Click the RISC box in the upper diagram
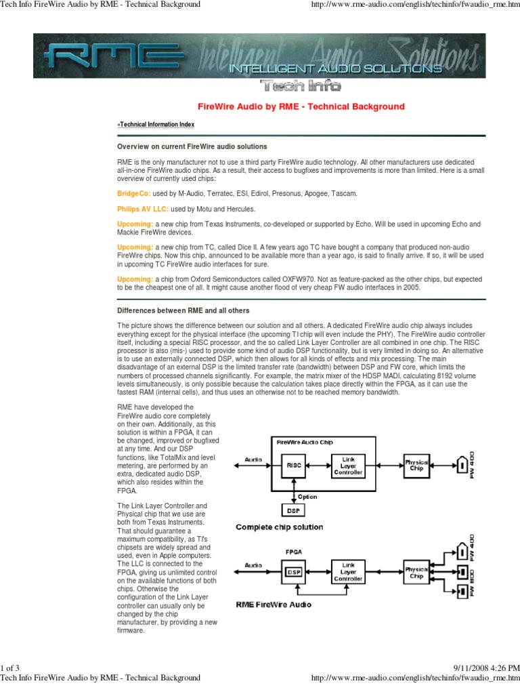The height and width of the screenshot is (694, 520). point(294,466)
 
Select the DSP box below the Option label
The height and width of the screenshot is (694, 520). point(294,509)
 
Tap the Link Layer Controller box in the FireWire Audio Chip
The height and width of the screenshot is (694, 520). point(347,466)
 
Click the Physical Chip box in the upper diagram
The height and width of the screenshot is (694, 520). point(416,466)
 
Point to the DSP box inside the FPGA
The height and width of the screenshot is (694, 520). point(294,572)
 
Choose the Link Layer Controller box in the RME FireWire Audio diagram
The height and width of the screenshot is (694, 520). point(347,572)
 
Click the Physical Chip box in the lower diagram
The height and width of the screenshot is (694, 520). point(416,572)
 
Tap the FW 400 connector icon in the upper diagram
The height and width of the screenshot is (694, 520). point(462,466)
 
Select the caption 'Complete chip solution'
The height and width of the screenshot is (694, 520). point(279,527)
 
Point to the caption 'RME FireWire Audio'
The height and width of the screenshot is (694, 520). point(274,604)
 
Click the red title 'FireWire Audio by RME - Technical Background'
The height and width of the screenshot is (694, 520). point(301,106)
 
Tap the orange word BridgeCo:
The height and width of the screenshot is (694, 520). point(133,193)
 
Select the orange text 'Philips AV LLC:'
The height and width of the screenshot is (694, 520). point(142,209)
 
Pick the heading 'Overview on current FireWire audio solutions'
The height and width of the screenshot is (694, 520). point(192,146)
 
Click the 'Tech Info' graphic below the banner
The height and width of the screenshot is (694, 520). point(301,86)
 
